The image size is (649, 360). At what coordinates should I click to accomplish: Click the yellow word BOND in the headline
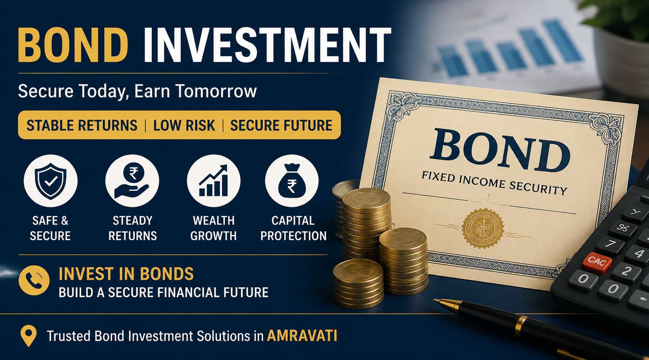pos(73,45)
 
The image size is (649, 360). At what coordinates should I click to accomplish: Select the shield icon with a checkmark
pos(50,181)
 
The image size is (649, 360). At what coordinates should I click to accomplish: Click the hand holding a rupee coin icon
pos(132,181)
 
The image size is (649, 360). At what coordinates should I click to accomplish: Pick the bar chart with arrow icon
pos(213,181)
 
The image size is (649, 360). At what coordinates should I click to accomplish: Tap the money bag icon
pos(292,181)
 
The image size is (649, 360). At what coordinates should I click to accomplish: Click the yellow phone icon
pos(34,280)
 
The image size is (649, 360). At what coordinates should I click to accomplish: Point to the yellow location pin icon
pos(29,336)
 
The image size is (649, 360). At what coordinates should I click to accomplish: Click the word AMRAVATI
pos(302,336)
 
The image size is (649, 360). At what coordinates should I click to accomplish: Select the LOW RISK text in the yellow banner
pos(184,126)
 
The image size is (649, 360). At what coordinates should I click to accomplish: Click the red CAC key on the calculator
pos(597,262)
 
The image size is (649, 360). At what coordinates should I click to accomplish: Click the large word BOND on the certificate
pos(500,150)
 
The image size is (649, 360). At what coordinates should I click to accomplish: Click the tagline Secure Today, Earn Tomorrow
pos(138,91)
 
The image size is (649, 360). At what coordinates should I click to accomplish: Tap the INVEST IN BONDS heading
pos(126,274)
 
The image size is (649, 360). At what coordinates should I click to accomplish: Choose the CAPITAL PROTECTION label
pos(293,229)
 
